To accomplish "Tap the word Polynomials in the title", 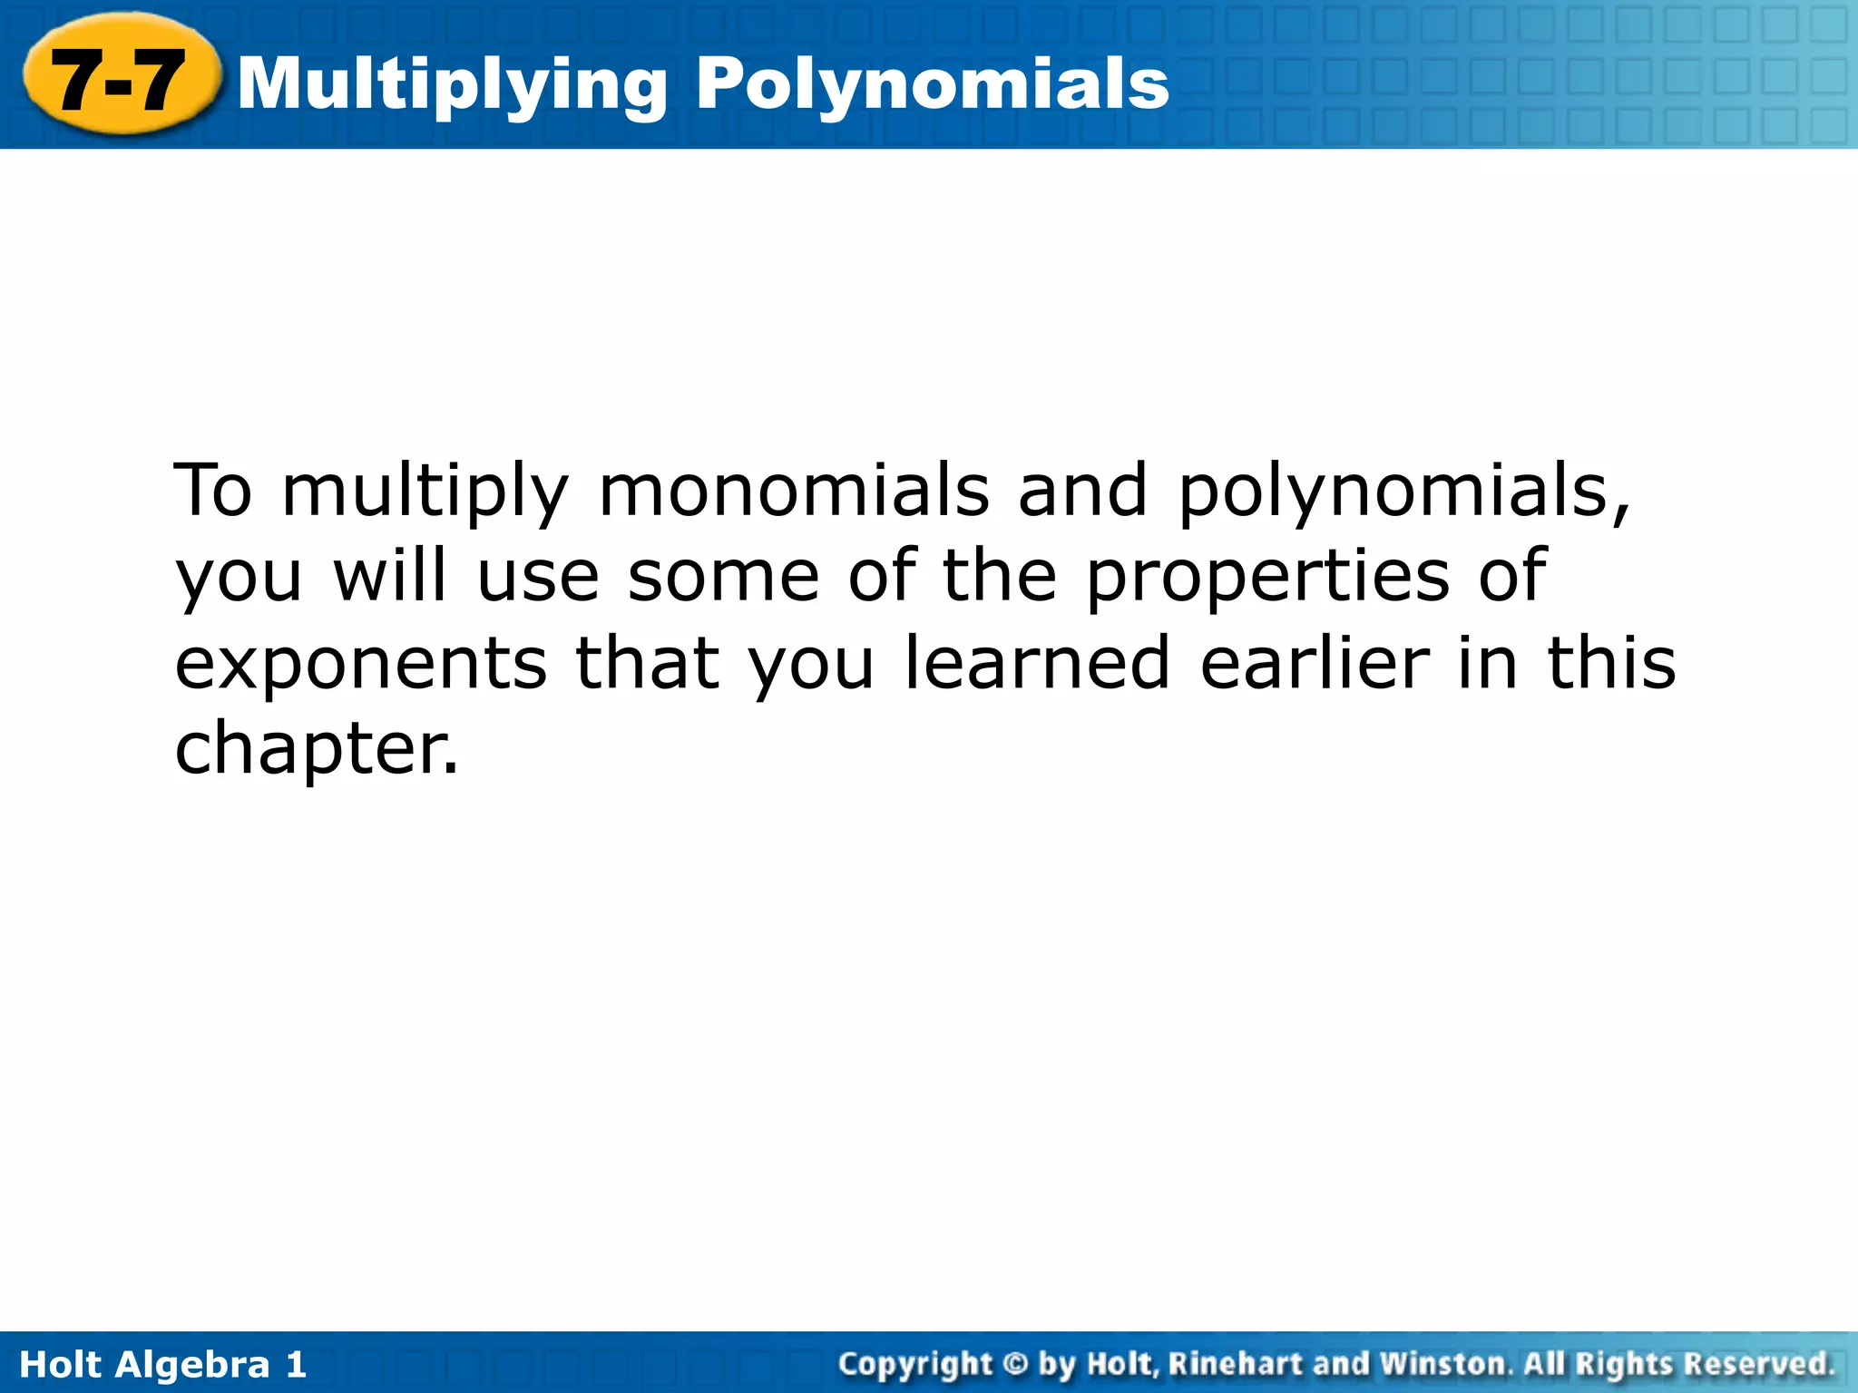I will coord(933,83).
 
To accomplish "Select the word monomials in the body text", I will coord(794,491).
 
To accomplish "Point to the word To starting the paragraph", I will coord(212,491).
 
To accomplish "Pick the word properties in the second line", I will coord(1268,579).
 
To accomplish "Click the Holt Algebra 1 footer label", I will coord(163,1364).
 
